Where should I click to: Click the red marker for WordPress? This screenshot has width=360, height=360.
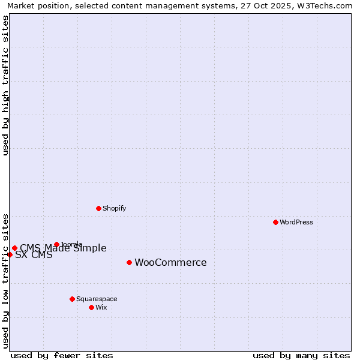click(275, 222)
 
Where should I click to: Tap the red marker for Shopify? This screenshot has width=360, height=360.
click(98, 208)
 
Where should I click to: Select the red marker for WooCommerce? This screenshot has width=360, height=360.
click(129, 262)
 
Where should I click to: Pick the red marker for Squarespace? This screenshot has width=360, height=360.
click(72, 299)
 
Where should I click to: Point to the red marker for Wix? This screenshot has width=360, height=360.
click(91, 307)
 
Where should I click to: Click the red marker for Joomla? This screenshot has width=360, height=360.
click(56, 244)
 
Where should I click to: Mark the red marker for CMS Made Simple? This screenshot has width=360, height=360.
click(14, 248)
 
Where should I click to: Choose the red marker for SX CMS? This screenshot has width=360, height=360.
click(10, 254)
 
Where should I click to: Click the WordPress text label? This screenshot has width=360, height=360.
click(296, 222)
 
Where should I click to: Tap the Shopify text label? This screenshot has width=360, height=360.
click(114, 208)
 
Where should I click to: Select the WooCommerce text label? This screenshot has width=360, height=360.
click(170, 262)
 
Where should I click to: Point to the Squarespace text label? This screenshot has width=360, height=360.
click(97, 299)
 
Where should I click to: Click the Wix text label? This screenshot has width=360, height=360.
click(101, 307)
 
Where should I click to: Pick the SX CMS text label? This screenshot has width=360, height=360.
click(34, 255)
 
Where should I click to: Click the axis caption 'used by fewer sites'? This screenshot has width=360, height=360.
click(62, 355)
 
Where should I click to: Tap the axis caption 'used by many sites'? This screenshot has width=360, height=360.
click(301, 355)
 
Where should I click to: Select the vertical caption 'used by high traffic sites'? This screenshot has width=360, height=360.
click(5, 86)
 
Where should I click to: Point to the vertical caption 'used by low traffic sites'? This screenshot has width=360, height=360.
click(5, 280)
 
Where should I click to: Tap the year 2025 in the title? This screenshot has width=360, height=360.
click(273, 5)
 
